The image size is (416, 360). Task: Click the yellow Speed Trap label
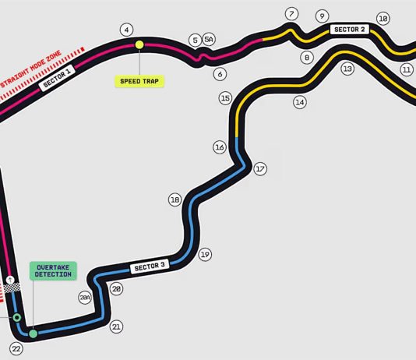pos(139,81)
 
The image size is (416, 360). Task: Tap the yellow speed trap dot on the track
pos(139,45)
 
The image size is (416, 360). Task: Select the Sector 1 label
pos(57,78)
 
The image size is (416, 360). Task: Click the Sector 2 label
pos(350,29)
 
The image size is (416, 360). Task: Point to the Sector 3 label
pos(150,266)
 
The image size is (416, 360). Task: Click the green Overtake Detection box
pos(53,271)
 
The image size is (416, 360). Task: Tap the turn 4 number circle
pos(126,30)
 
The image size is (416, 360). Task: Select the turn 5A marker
pos(209,40)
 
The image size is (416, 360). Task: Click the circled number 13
pos(347,69)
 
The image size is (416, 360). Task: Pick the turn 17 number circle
pos(260,169)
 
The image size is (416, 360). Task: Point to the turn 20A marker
pos(85,298)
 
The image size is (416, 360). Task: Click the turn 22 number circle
pos(16,349)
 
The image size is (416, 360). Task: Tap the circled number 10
pos(383,19)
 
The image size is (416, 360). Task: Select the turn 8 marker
pos(307,58)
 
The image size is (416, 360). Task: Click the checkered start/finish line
pos(12,288)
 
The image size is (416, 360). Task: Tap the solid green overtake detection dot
pos(33,334)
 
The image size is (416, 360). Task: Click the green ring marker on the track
pos(17,317)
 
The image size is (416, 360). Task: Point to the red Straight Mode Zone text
pos(31,69)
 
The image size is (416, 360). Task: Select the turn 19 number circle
pos(205,254)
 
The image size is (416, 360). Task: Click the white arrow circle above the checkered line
pos(10,280)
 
